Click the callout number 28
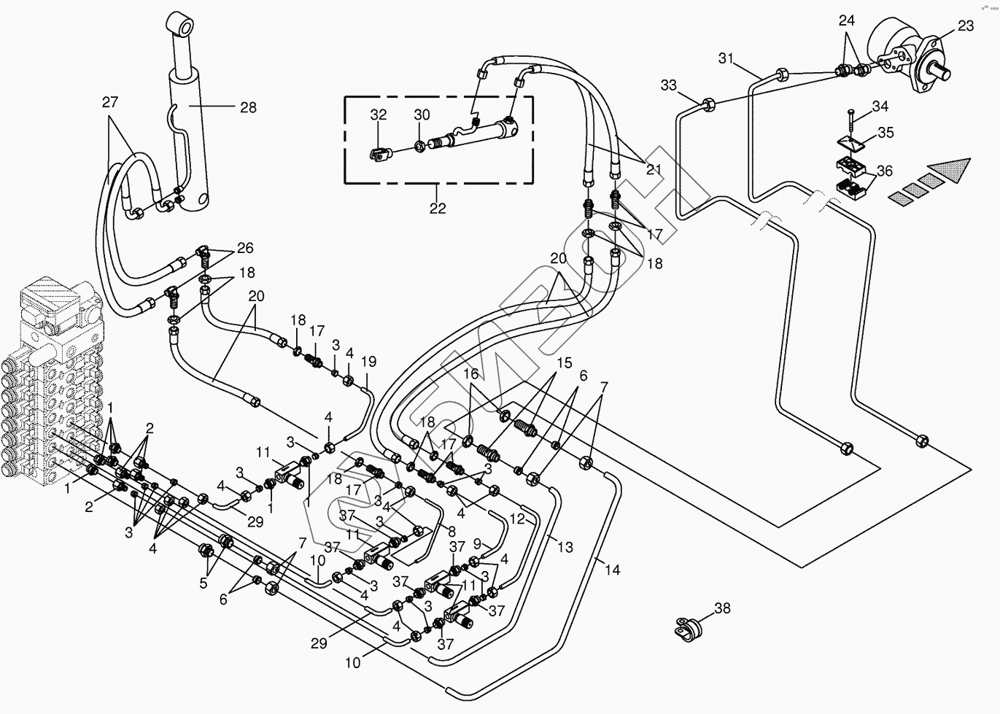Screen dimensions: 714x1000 (x=248, y=107)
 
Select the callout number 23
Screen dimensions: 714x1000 (x=965, y=26)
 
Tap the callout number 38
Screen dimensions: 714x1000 (x=721, y=608)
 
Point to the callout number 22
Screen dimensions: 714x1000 (x=437, y=208)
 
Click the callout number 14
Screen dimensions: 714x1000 (x=613, y=569)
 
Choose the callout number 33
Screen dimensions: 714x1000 (x=669, y=85)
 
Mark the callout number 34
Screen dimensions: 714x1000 (x=880, y=106)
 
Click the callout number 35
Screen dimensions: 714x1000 (x=885, y=133)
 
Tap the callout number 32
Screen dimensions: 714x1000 (x=378, y=115)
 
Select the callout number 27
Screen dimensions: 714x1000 (x=109, y=102)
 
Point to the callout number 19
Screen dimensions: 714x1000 (x=368, y=361)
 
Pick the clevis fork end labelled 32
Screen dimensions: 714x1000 (x=378, y=153)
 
